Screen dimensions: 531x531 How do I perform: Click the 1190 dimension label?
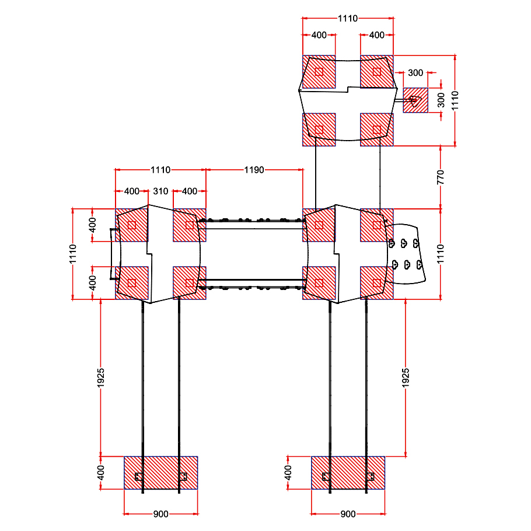pyautogui.click(x=254, y=170)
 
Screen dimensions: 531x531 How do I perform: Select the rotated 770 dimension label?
pyautogui.click(x=440, y=177)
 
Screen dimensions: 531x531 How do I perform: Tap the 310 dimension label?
pyautogui.click(x=160, y=191)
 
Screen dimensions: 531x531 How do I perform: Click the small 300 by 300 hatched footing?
pyautogui.click(x=415, y=100)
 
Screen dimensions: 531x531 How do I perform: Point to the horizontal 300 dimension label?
pyautogui.click(x=415, y=73)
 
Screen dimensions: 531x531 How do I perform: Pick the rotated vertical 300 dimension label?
pyautogui.click(x=441, y=100)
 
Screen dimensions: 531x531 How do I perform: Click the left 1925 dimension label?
pyautogui.click(x=100, y=378)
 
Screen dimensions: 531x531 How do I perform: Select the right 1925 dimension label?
pyautogui.click(x=406, y=378)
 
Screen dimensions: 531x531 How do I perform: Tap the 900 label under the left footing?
pyautogui.click(x=160, y=514)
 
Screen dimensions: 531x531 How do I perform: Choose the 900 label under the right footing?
pyautogui.click(x=348, y=514)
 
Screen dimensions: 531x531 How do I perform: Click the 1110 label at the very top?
pyautogui.click(x=348, y=18)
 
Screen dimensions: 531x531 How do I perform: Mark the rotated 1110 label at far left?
pyautogui.click(x=73, y=254)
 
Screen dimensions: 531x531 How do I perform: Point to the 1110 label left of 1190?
pyautogui.click(x=160, y=170)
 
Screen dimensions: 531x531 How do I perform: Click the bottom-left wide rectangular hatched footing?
pyautogui.click(x=161, y=473)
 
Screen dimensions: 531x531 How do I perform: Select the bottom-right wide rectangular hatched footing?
pyautogui.click(x=348, y=473)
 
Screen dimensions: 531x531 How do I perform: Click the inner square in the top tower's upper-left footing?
pyautogui.click(x=319, y=72)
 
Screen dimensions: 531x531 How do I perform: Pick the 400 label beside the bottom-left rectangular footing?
pyautogui.click(x=100, y=473)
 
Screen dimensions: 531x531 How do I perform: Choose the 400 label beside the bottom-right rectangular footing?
pyautogui.click(x=288, y=473)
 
